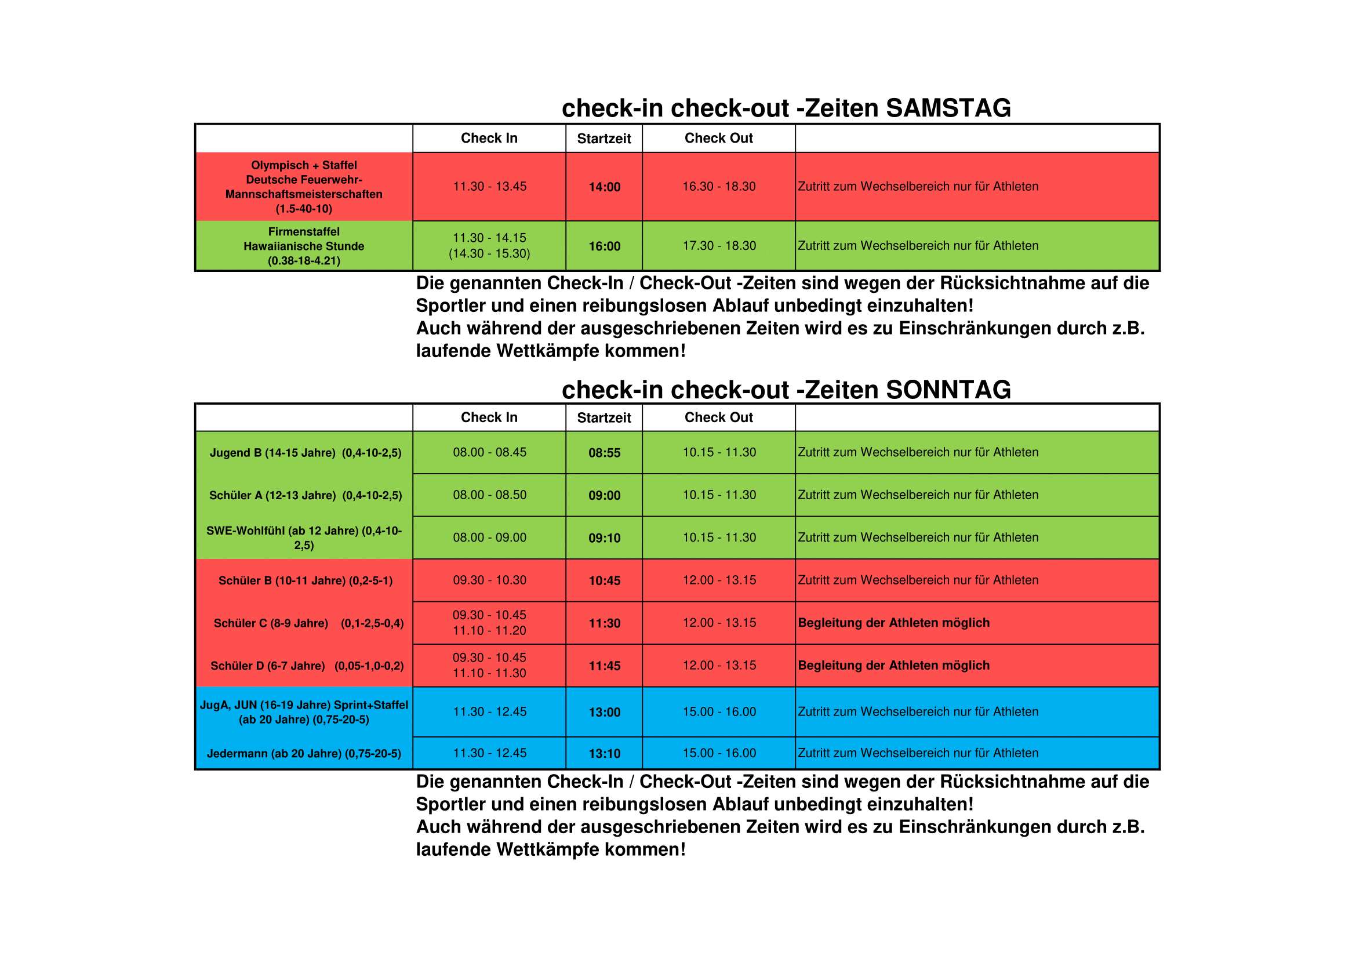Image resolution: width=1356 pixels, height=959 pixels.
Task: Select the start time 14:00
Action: coord(604,187)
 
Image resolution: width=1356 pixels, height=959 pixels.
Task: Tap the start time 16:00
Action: coord(604,246)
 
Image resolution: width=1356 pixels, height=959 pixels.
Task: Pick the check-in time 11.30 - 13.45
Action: coord(490,187)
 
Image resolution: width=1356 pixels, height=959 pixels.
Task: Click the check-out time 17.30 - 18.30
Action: coord(719,246)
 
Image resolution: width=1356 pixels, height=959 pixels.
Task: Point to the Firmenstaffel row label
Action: coord(304,232)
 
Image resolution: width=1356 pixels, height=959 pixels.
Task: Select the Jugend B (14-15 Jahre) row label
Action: coord(306,453)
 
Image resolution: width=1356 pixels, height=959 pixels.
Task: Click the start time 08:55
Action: coord(604,453)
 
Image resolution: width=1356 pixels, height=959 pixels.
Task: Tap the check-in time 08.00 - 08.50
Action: coord(490,495)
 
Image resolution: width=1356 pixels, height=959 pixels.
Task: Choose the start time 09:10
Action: coord(604,538)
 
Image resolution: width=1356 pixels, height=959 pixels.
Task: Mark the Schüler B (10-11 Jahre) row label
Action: coord(306,580)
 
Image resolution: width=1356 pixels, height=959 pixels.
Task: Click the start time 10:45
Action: coord(604,580)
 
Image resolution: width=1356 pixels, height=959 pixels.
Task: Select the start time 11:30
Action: coord(604,623)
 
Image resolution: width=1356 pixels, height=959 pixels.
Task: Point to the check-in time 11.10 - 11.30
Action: coord(490,673)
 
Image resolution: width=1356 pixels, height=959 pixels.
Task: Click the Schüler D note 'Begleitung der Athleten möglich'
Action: coord(893,666)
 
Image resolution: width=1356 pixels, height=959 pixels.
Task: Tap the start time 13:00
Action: coord(604,712)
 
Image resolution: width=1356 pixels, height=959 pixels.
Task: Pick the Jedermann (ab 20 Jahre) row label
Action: coord(304,754)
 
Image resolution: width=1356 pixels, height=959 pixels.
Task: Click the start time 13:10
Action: coord(604,754)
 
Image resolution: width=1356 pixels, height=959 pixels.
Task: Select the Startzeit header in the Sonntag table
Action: coord(604,418)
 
